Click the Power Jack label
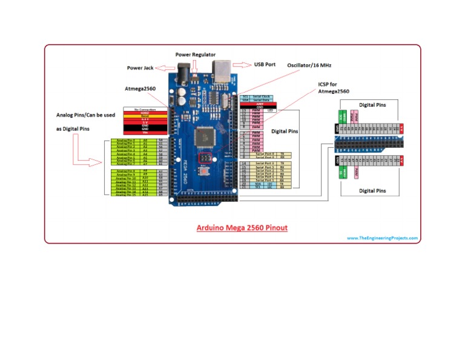[141, 68]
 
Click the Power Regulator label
[196, 55]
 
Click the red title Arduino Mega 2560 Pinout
[242, 228]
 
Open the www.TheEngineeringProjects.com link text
[382, 238]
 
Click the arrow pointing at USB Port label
[241, 64]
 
